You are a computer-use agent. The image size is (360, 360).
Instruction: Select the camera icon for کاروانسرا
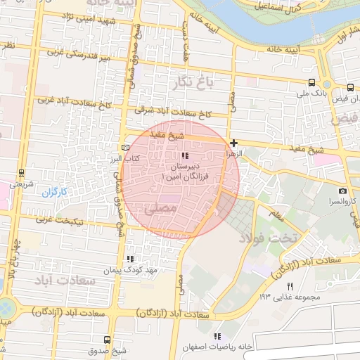(x=342, y=191)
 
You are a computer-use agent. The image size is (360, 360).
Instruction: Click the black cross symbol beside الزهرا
(x=233, y=143)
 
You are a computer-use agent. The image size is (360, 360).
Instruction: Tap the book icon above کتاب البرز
(x=126, y=148)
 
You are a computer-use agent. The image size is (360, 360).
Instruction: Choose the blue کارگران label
(x=52, y=192)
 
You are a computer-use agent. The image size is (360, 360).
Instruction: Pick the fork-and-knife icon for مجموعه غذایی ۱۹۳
(x=290, y=286)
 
